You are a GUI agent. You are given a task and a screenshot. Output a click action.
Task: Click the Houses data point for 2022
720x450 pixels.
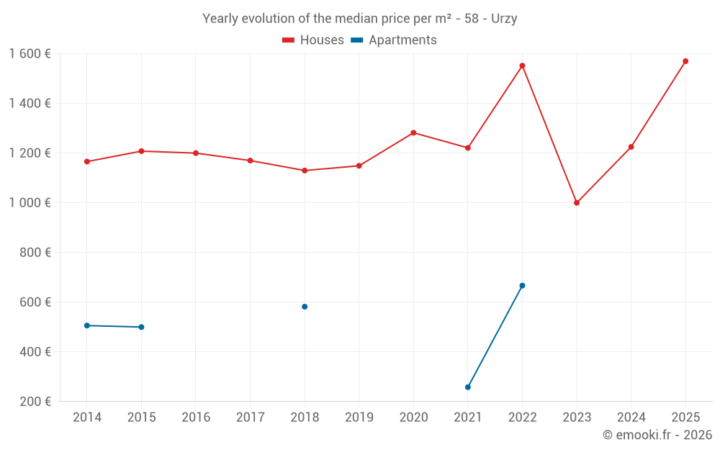tap(522, 66)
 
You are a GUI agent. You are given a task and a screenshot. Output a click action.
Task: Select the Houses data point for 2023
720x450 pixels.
tap(577, 202)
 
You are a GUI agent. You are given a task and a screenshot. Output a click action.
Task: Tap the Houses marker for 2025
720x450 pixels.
tap(685, 61)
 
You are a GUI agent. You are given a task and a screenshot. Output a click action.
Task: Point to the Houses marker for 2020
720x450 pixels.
tap(413, 132)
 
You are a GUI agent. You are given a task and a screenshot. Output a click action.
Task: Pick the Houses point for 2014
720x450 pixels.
tap(87, 161)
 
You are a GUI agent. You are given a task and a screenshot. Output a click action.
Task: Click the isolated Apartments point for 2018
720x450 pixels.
tap(305, 307)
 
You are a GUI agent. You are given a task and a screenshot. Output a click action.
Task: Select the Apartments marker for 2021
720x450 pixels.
tap(468, 387)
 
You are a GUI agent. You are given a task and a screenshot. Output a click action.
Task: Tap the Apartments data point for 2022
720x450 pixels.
tap(522, 286)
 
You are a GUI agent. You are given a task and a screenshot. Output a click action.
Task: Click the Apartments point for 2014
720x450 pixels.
tap(87, 325)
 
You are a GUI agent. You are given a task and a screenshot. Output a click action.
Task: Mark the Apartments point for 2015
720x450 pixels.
tap(141, 327)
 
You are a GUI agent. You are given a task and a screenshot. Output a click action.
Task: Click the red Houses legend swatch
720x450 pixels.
tap(289, 40)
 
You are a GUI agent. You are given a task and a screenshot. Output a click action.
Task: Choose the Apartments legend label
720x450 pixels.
tap(402, 40)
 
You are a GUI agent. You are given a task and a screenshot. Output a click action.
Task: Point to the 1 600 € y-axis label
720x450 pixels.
tap(30, 53)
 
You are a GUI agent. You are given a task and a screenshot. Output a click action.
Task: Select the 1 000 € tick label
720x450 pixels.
tap(30, 202)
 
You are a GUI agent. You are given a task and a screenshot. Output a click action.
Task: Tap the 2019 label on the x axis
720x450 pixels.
tap(359, 417)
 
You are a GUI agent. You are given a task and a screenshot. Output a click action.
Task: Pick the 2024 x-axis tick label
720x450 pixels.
tap(631, 417)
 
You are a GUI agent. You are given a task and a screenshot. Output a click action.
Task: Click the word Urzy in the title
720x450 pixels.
tap(504, 19)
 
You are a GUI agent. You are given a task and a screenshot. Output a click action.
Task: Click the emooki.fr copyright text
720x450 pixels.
tap(657, 435)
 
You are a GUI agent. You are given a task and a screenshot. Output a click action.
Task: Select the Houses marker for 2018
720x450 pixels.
tap(305, 171)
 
